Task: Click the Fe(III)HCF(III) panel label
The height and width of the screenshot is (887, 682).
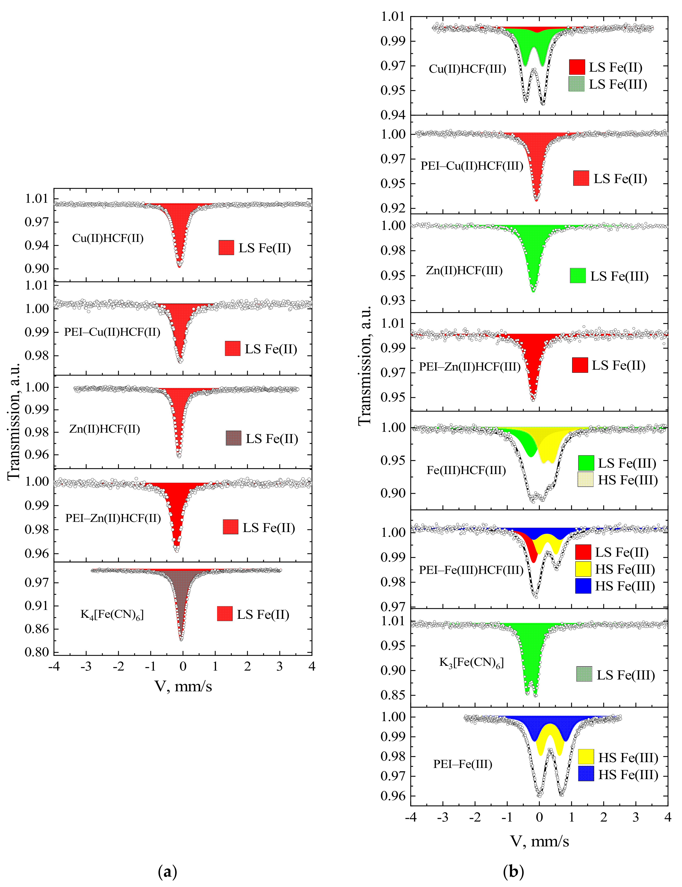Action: [x=466, y=470]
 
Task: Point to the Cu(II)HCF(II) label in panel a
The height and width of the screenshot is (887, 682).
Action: [x=108, y=238]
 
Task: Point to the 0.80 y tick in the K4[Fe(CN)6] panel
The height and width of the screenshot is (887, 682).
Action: [x=37, y=652]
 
